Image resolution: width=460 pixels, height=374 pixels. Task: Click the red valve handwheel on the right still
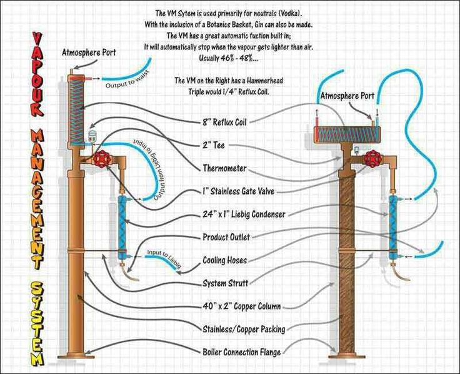(372, 158)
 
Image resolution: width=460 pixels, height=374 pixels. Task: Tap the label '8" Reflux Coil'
(224, 122)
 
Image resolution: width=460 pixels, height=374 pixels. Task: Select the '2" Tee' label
(214, 145)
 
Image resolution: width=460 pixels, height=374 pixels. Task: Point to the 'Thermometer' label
(225, 168)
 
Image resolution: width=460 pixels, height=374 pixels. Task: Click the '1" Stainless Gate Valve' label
(239, 191)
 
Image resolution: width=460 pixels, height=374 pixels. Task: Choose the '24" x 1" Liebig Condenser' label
(244, 215)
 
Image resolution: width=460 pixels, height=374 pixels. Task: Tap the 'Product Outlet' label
(226, 237)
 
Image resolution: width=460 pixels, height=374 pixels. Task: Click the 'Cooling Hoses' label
(225, 260)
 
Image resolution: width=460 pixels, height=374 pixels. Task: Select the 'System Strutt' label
(225, 283)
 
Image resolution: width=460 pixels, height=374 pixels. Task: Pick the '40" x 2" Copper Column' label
(242, 306)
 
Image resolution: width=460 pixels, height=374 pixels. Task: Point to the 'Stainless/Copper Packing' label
(244, 330)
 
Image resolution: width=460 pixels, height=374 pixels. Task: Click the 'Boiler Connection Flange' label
(242, 352)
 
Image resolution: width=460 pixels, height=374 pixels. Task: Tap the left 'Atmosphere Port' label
(89, 53)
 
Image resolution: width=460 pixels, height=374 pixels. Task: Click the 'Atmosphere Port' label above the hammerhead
(347, 96)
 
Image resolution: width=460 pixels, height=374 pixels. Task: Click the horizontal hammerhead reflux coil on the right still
(347, 134)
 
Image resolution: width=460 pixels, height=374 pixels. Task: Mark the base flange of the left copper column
(76, 356)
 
